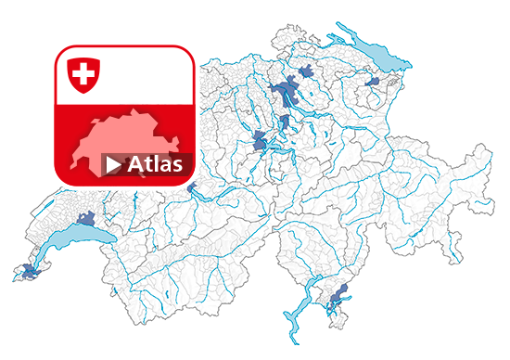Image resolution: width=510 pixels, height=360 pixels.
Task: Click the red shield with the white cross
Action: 83,73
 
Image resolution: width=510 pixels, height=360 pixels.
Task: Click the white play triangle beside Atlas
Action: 113,165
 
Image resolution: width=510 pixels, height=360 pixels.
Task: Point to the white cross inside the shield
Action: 83,71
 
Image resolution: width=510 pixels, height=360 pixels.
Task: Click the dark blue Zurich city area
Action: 282,93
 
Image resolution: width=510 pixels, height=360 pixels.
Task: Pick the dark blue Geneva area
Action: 27,272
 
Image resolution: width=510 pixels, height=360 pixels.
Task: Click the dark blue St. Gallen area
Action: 373,83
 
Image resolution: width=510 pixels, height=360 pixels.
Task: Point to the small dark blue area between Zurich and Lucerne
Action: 284,125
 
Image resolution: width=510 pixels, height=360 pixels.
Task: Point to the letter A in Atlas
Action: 134,165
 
